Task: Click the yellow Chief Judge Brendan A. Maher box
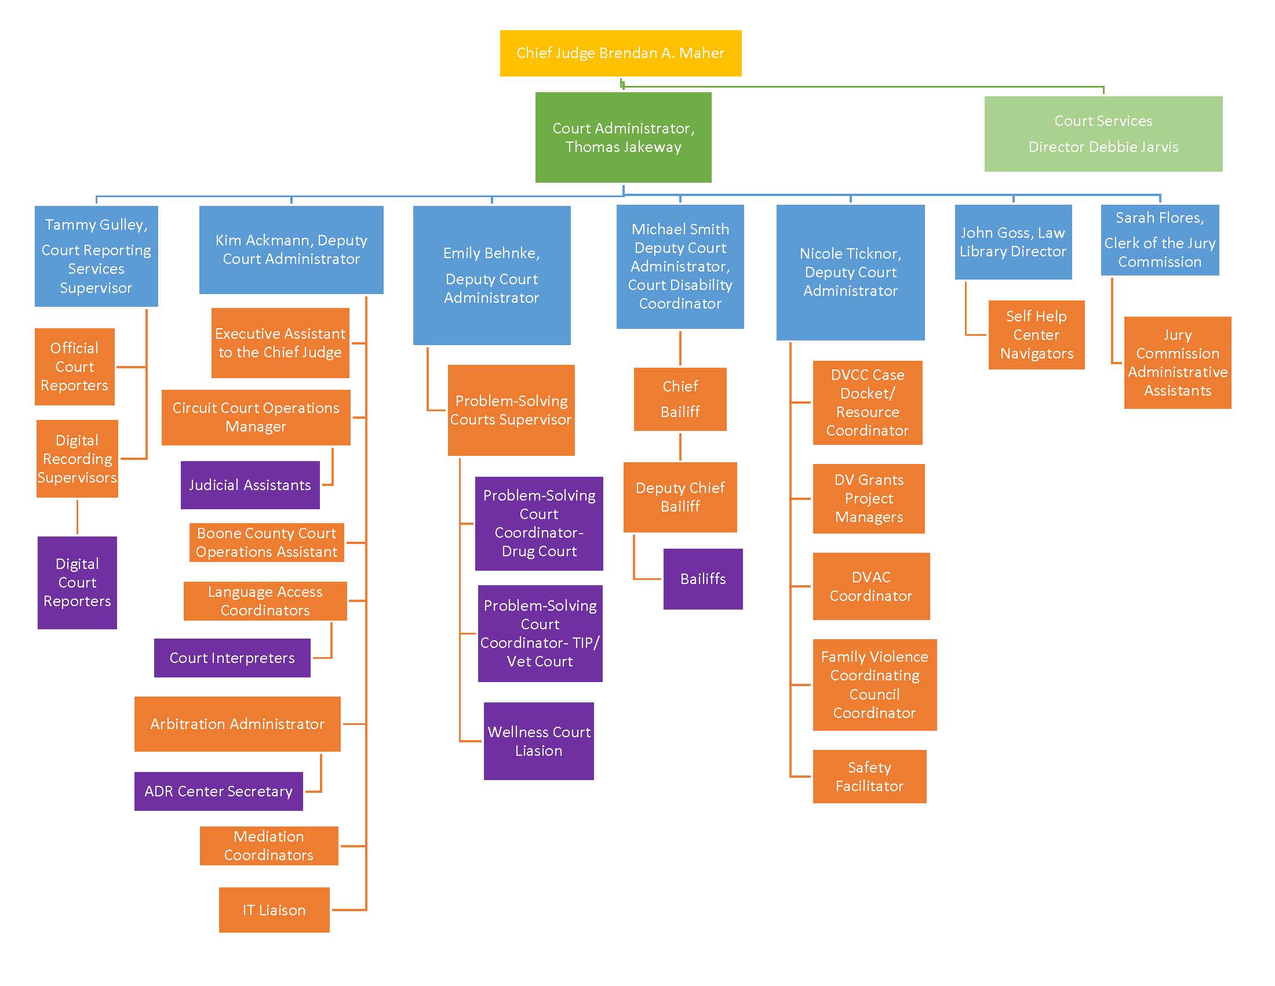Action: pyautogui.click(x=621, y=53)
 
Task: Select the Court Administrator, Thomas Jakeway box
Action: pyautogui.click(x=623, y=137)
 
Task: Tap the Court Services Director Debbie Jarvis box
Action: pyautogui.click(x=1103, y=134)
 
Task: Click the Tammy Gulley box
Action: pyautogui.click(x=96, y=256)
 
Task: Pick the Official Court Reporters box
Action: pyautogui.click(x=75, y=366)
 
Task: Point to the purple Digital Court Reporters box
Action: pyautogui.click(x=77, y=582)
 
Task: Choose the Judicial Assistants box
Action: pyautogui.click(x=250, y=485)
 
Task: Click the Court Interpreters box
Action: pyautogui.click(x=232, y=658)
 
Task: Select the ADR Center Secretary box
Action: pyautogui.click(x=218, y=791)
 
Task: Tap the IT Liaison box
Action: pyautogui.click(x=274, y=909)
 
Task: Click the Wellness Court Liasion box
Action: pyautogui.click(x=539, y=741)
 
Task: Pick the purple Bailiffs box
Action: pyautogui.click(x=703, y=579)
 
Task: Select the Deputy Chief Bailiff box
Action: pyautogui.click(x=680, y=497)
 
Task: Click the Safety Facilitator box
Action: pyautogui.click(x=869, y=776)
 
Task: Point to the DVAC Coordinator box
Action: pyautogui.click(x=871, y=586)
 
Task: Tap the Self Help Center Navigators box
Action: pyautogui.click(x=1036, y=335)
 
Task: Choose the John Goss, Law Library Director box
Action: pyautogui.click(x=1013, y=242)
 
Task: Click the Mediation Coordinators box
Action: pyautogui.click(x=268, y=845)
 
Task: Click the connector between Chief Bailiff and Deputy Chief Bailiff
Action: pyautogui.click(x=680, y=447)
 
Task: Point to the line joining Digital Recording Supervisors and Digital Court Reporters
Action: pyautogui.click(x=77, y=517)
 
